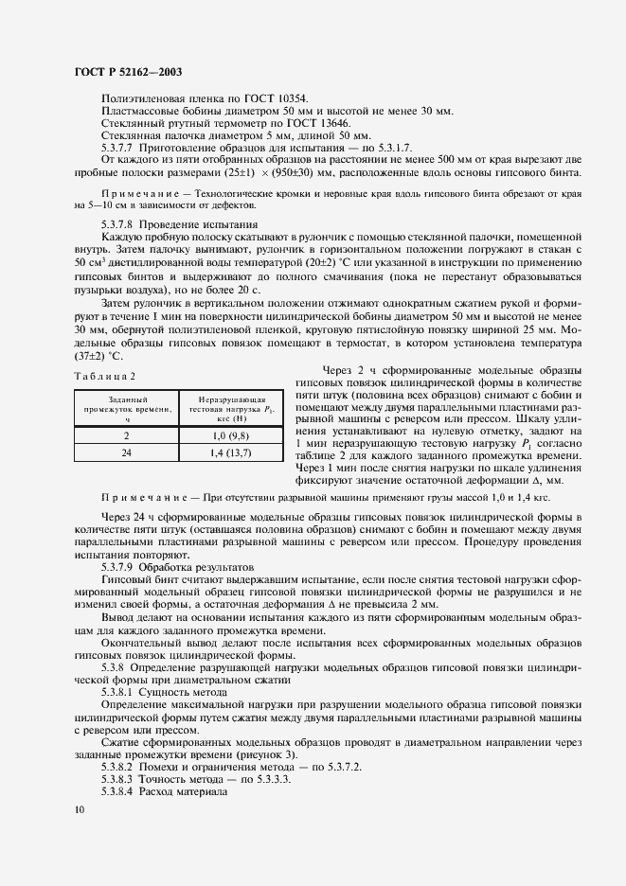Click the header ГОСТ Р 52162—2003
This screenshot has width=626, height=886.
click(x=129, y=71)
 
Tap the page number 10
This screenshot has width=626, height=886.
click(x=79, y=809)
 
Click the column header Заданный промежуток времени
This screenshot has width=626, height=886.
click(x=126, y=406)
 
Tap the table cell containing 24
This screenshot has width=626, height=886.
click(x=126, y=453)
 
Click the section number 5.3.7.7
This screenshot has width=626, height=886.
click(x=118, y=148)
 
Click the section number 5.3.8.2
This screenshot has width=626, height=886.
click(x=118, y=767)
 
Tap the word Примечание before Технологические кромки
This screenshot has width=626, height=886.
click(x=138, y=191)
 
